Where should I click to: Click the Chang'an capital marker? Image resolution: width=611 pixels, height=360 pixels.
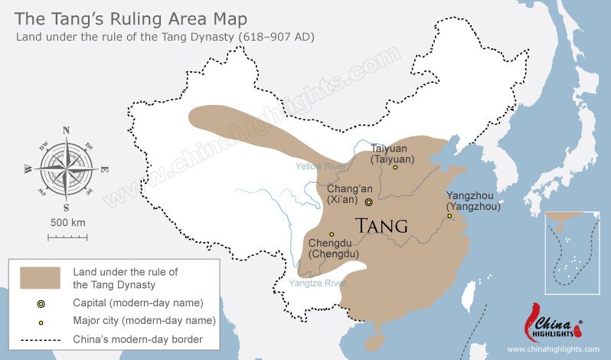369,202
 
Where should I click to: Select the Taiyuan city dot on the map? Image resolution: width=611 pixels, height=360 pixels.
395,167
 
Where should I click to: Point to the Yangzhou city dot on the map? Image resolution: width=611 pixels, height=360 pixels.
450,216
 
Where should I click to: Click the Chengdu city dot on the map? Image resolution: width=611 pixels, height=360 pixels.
332,234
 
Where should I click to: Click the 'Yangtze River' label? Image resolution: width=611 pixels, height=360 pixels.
317,283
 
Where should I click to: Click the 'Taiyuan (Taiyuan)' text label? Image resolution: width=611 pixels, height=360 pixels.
392,153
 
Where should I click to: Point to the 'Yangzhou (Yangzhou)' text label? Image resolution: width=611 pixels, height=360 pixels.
473,201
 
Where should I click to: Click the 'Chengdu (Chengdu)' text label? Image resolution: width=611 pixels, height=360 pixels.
334,249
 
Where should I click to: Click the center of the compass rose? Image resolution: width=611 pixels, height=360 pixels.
66,168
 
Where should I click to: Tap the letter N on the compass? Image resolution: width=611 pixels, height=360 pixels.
66,129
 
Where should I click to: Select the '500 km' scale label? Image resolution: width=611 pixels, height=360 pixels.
67,222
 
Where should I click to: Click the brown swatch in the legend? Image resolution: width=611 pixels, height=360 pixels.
41,277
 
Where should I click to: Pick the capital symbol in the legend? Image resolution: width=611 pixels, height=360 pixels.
41,303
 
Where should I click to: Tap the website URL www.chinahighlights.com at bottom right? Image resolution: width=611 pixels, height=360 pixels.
553,349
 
